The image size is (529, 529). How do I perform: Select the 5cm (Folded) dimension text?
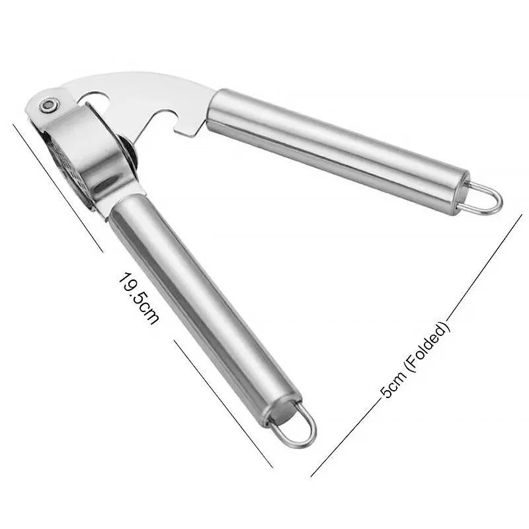[x=415, y=360]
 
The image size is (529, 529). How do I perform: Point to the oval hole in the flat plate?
[x=95, y=99]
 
